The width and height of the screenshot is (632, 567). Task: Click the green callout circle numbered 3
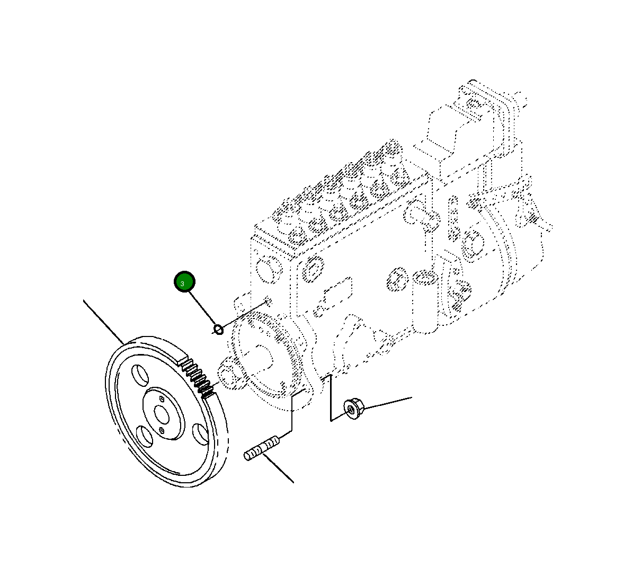click(185, 282)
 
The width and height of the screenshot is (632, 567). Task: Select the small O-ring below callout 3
click(218, 330)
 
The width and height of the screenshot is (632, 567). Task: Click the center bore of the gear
click(162, 414)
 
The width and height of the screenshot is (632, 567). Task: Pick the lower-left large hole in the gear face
click(145, 437)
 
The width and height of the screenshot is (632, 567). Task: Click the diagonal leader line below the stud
click(279, 469)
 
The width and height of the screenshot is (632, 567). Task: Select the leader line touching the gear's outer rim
click(103, 321)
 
